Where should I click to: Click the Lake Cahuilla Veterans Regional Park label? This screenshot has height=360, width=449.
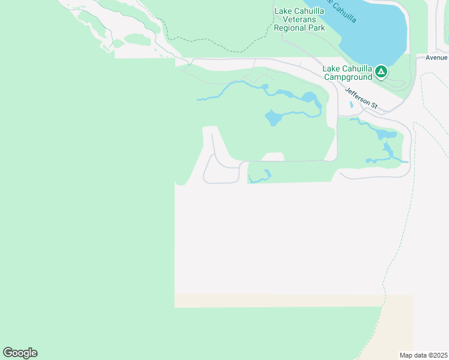pyautogui.click(x=299, y=19)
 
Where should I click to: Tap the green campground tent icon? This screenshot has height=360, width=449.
pyautogui.click(x=381, y=73)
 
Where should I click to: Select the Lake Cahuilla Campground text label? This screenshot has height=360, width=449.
pyautogui.click(x=348, y=73)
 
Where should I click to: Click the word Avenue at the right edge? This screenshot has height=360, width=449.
pyautogui.click(x=436, y=58)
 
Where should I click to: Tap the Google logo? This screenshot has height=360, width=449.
pyautogui.click(x=20, y=353)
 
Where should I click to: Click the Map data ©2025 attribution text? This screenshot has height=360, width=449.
pyautogui.click(x=424, y=355)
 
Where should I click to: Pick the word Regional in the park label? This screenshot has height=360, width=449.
pyautogui.click(x=290, y=28)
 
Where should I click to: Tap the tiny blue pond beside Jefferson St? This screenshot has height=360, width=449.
pyautogui.click(x=351, y=104)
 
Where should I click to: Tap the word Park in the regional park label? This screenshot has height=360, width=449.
pyautogui.click(x=316, y=28)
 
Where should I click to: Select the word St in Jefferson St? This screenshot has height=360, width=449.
pyautogui.click(x=373, y=106)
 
